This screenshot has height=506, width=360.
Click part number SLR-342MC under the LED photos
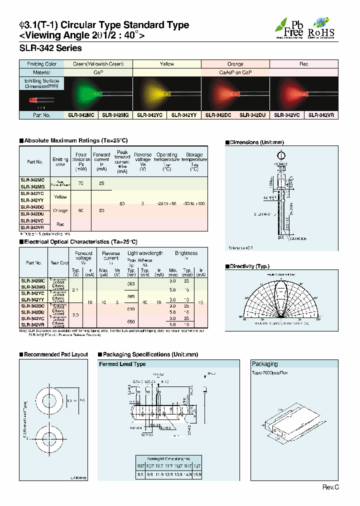point(80,115)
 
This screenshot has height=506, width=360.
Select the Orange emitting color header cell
point(235,64)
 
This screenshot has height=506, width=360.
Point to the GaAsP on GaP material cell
point(235,72)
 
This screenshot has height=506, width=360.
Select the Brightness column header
point(186,253)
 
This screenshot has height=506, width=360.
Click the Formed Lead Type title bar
point(122,364)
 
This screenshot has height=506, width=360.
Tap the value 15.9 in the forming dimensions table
point(197,473)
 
